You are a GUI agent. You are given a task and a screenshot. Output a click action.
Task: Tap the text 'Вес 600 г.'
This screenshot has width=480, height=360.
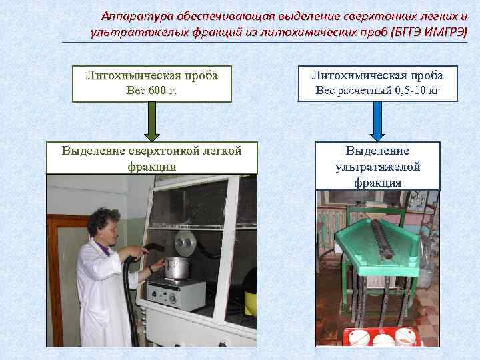pos(152,91)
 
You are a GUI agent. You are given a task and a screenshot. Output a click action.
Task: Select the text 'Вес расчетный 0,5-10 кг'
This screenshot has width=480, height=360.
pos(378,91)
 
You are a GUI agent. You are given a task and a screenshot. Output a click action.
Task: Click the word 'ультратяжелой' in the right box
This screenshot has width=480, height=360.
pos(378,167)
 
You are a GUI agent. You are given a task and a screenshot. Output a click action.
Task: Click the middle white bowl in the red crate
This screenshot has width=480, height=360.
pos(383,341)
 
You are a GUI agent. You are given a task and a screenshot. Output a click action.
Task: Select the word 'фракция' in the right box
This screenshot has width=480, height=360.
pos(378,182)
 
